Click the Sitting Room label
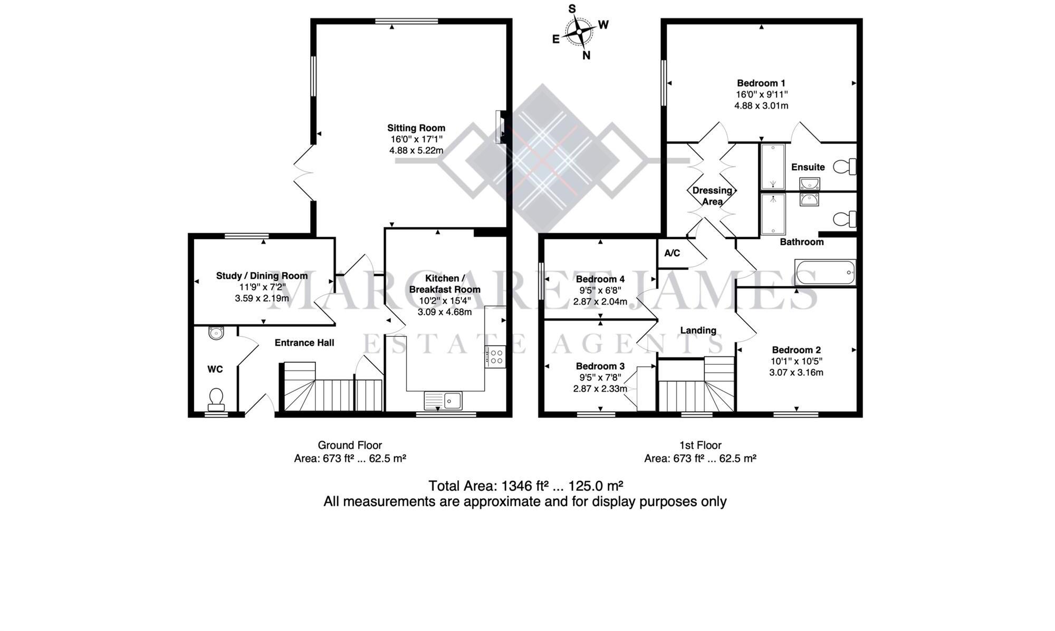[x=416, y=128]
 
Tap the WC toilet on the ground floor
[x=216, y=399]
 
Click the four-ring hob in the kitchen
[x=496, y=356]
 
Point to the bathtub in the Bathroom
[x=825, y=272]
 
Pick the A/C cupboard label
[x=672, y=253]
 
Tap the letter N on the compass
[x=586, y=55]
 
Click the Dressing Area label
[x=712, y=196]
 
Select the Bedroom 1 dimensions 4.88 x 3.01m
[x=761, y=105]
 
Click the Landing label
[x=698, y=331]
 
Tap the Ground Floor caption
[x=350, y=445]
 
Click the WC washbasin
[x=216, y=333]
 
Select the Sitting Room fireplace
[x=500, y=127]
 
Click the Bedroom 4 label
[x=600, y=279]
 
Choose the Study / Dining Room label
[x=262, y=276]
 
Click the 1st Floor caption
[x=700, y=445]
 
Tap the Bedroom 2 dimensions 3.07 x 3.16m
[x=796, y=372]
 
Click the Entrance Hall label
[x=304, y=343]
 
